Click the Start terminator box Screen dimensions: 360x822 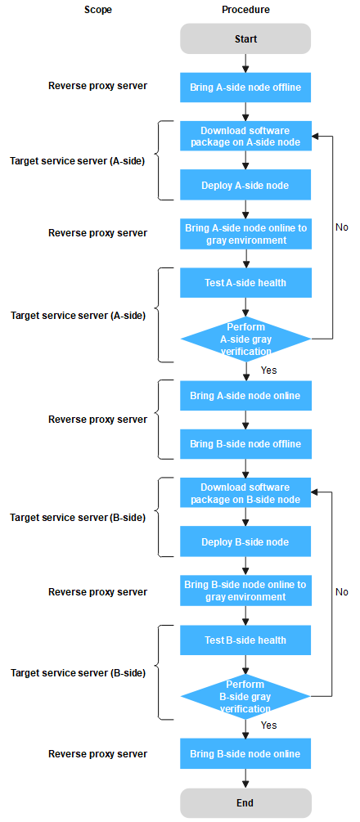point(245,39)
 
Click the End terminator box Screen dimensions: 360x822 point(245,802)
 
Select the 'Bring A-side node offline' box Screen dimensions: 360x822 point(245,88)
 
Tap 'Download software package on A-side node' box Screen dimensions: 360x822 point(245,136)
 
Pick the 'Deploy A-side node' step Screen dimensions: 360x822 point(245,185)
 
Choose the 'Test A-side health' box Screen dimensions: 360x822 point(245,283)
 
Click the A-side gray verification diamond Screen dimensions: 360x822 point(245,339)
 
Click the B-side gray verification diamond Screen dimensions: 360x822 point(245,697)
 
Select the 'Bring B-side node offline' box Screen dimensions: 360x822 point(245,444)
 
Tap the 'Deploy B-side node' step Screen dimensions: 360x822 point(245,541)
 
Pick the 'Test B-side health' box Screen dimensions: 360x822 point(245,640)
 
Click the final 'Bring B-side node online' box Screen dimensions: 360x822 point(245,753)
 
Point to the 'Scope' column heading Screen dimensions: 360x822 point(98,10)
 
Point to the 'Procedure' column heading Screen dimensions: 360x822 point(246,10)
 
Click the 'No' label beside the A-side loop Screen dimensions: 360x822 point(342,227)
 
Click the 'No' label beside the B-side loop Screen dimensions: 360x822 point(342,592)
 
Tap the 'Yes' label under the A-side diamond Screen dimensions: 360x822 point(268,371)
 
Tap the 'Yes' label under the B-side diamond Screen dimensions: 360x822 point(268,725)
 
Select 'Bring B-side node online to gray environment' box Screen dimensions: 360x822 point(245,591)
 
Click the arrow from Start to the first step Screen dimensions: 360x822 point(245,63)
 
